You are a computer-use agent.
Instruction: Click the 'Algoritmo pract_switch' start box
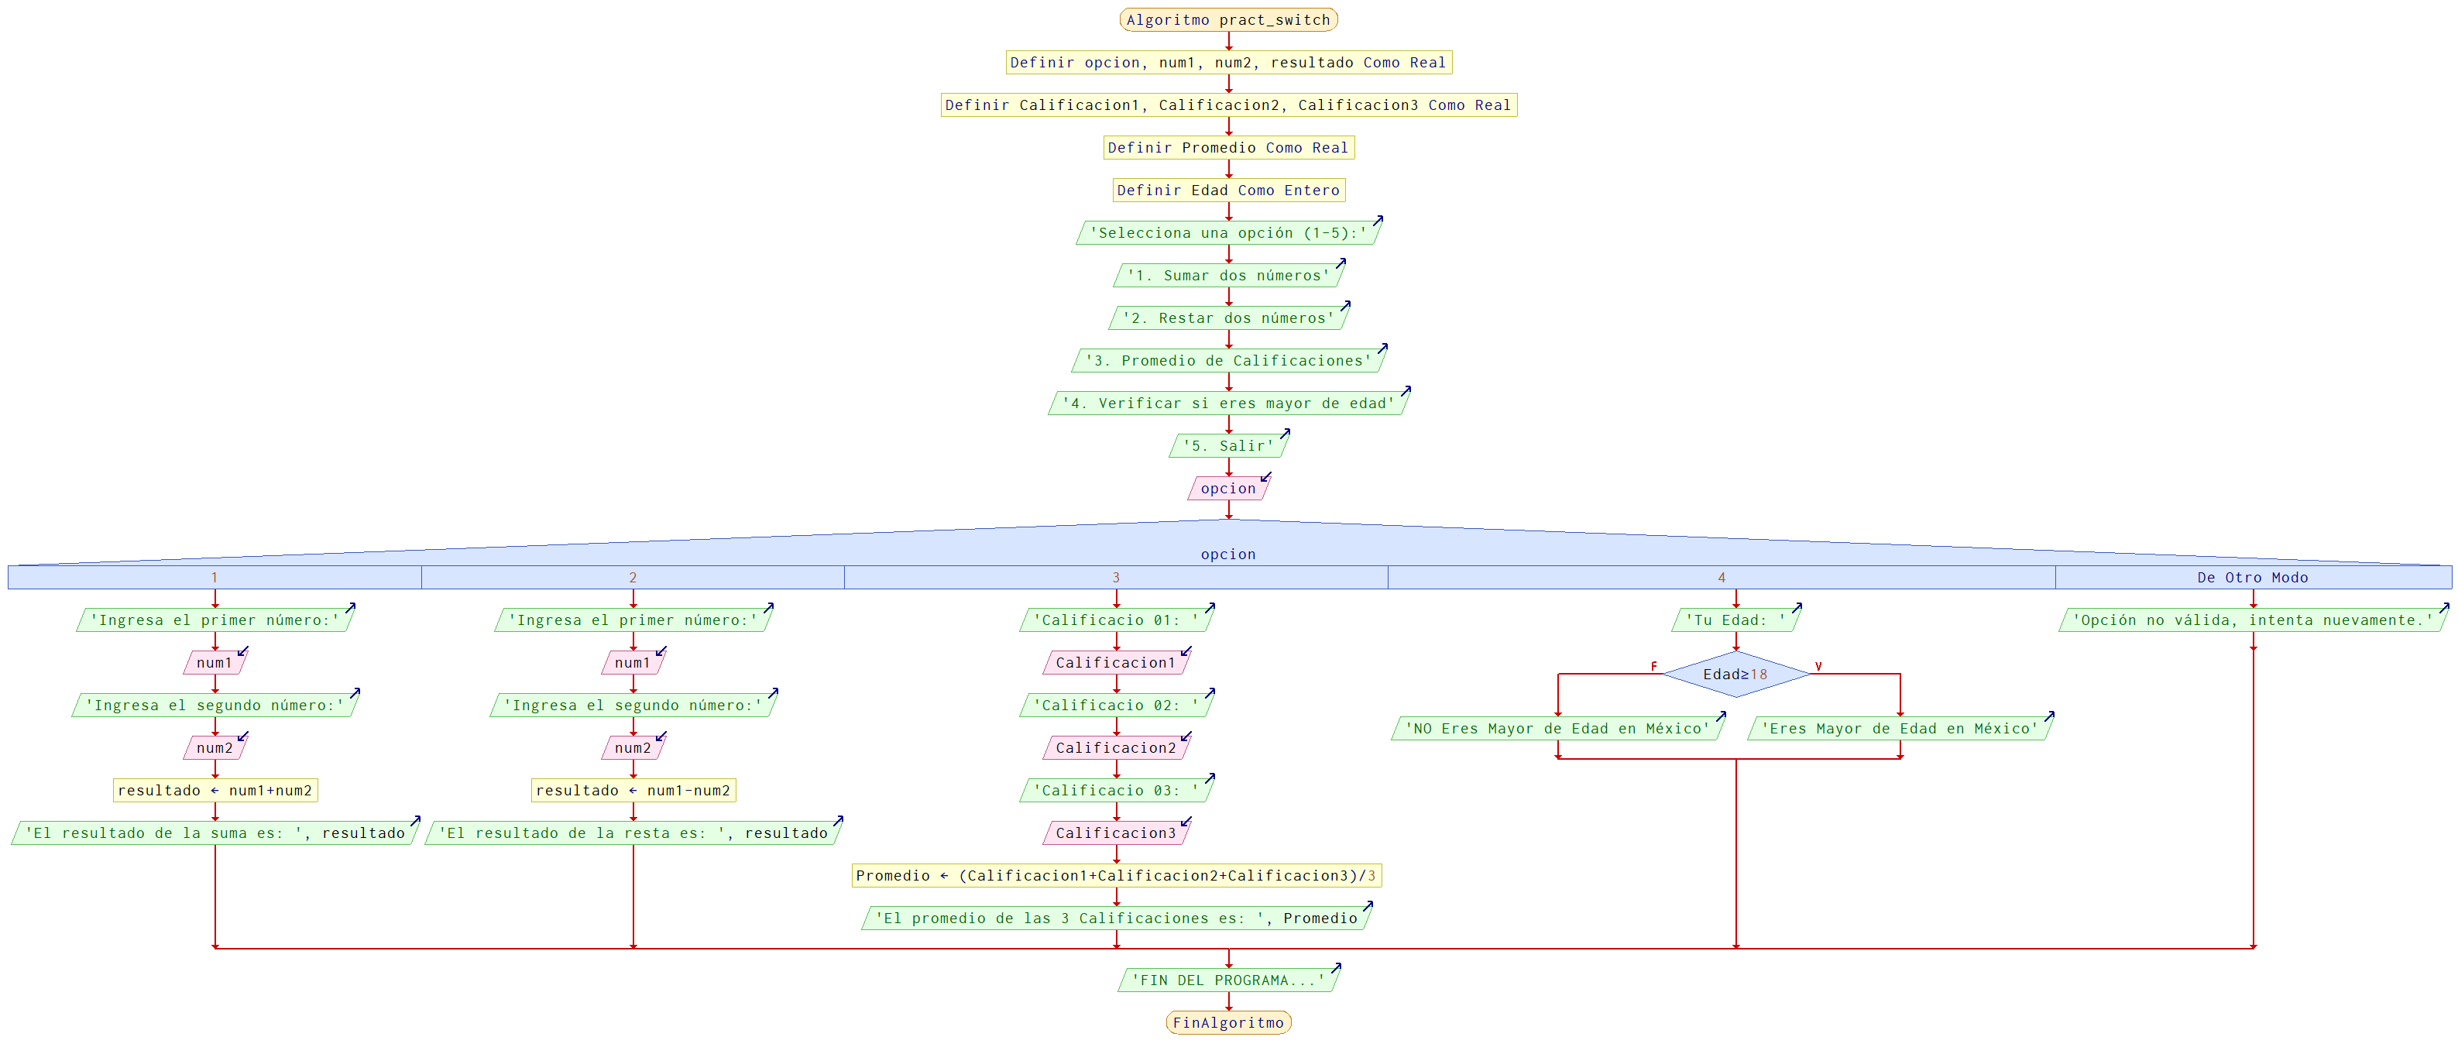(x=1228, y=20)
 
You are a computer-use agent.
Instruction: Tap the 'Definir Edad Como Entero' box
(x=1228, y=190)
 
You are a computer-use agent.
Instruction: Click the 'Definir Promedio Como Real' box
(x=1228, y=148)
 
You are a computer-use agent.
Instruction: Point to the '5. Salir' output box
(x=1228, y=445)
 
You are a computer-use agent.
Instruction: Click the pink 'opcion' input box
(x=1228, y=489)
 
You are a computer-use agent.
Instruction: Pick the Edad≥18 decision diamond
(x=1735, y=675)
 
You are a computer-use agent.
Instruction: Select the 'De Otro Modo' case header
(x=2252, y=577)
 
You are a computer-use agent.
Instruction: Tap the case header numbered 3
(x=1115, y=577)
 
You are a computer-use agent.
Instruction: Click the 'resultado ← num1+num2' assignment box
(x=215, y=790)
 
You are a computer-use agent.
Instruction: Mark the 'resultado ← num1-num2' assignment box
(x=633, y=790)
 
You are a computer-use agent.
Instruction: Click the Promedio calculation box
(x=1115, y=876)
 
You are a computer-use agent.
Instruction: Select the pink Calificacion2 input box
(x=1115, y=748)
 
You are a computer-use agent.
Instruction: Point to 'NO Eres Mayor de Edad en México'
(x=1557, y=729)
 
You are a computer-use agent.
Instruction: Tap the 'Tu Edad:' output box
(x=1735, y=620)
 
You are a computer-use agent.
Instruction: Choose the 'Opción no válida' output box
(x=2252, y=620)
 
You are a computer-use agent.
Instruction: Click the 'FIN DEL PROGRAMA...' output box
(x=1228, y=980)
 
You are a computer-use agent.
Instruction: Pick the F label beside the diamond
(x=1653, y=666)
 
